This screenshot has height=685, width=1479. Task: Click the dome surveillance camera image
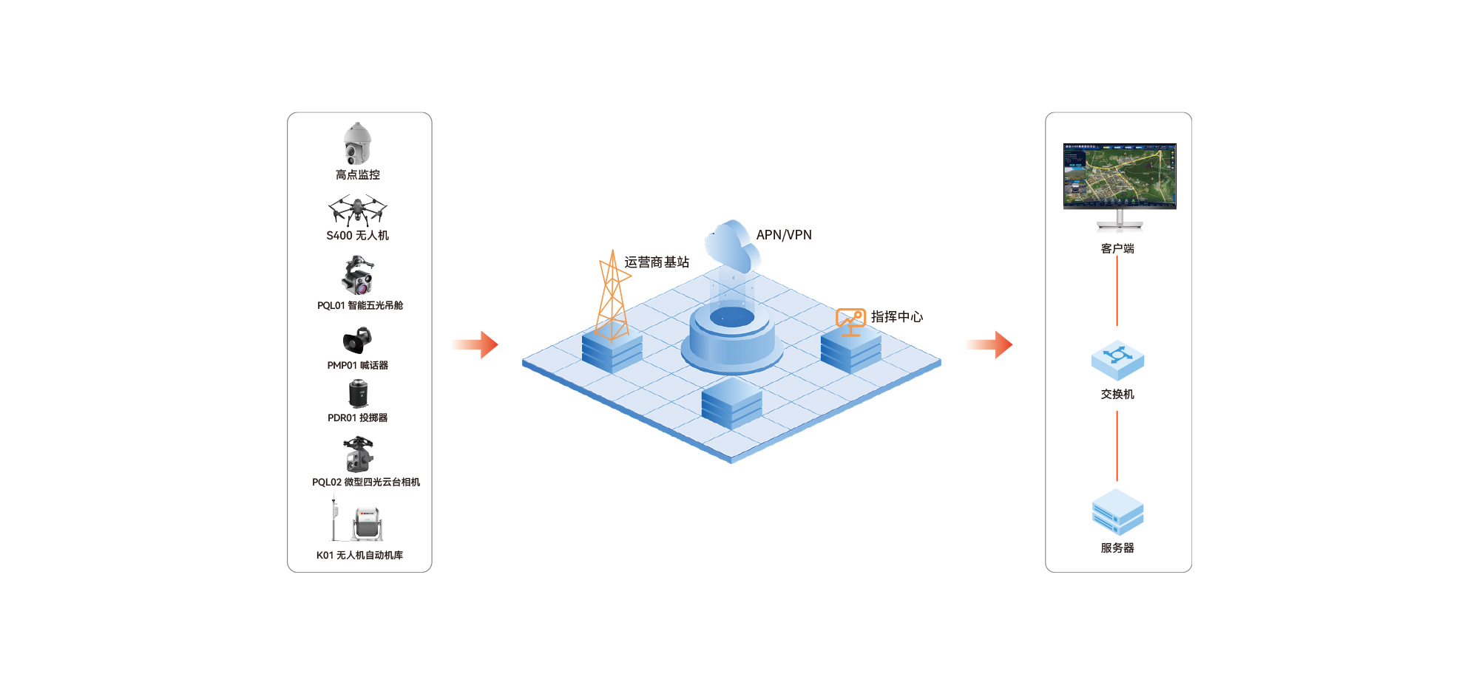[357, 143]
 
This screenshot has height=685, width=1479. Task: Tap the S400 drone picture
[357, 210]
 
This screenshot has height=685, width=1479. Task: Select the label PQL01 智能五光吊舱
[359, 306]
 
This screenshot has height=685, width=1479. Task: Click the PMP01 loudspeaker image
[357, 341]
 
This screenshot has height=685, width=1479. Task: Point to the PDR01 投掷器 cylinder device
[358, 393]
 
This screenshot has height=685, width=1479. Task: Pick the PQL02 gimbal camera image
[359, 454]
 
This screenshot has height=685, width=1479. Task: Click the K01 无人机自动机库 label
[359, 556]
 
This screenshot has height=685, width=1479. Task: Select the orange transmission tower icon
[612, 296]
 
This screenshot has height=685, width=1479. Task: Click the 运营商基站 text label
[657, 262]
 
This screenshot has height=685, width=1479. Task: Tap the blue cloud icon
[732, 246]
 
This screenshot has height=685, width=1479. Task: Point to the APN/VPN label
[784, 235]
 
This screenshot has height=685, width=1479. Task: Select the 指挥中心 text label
[897, 317]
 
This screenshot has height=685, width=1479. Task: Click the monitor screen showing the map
[1120, 176]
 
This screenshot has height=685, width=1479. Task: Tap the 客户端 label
[1117, 249]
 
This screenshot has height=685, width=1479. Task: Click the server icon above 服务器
[1117, 512]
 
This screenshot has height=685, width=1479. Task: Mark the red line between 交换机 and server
[1117, 446]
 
